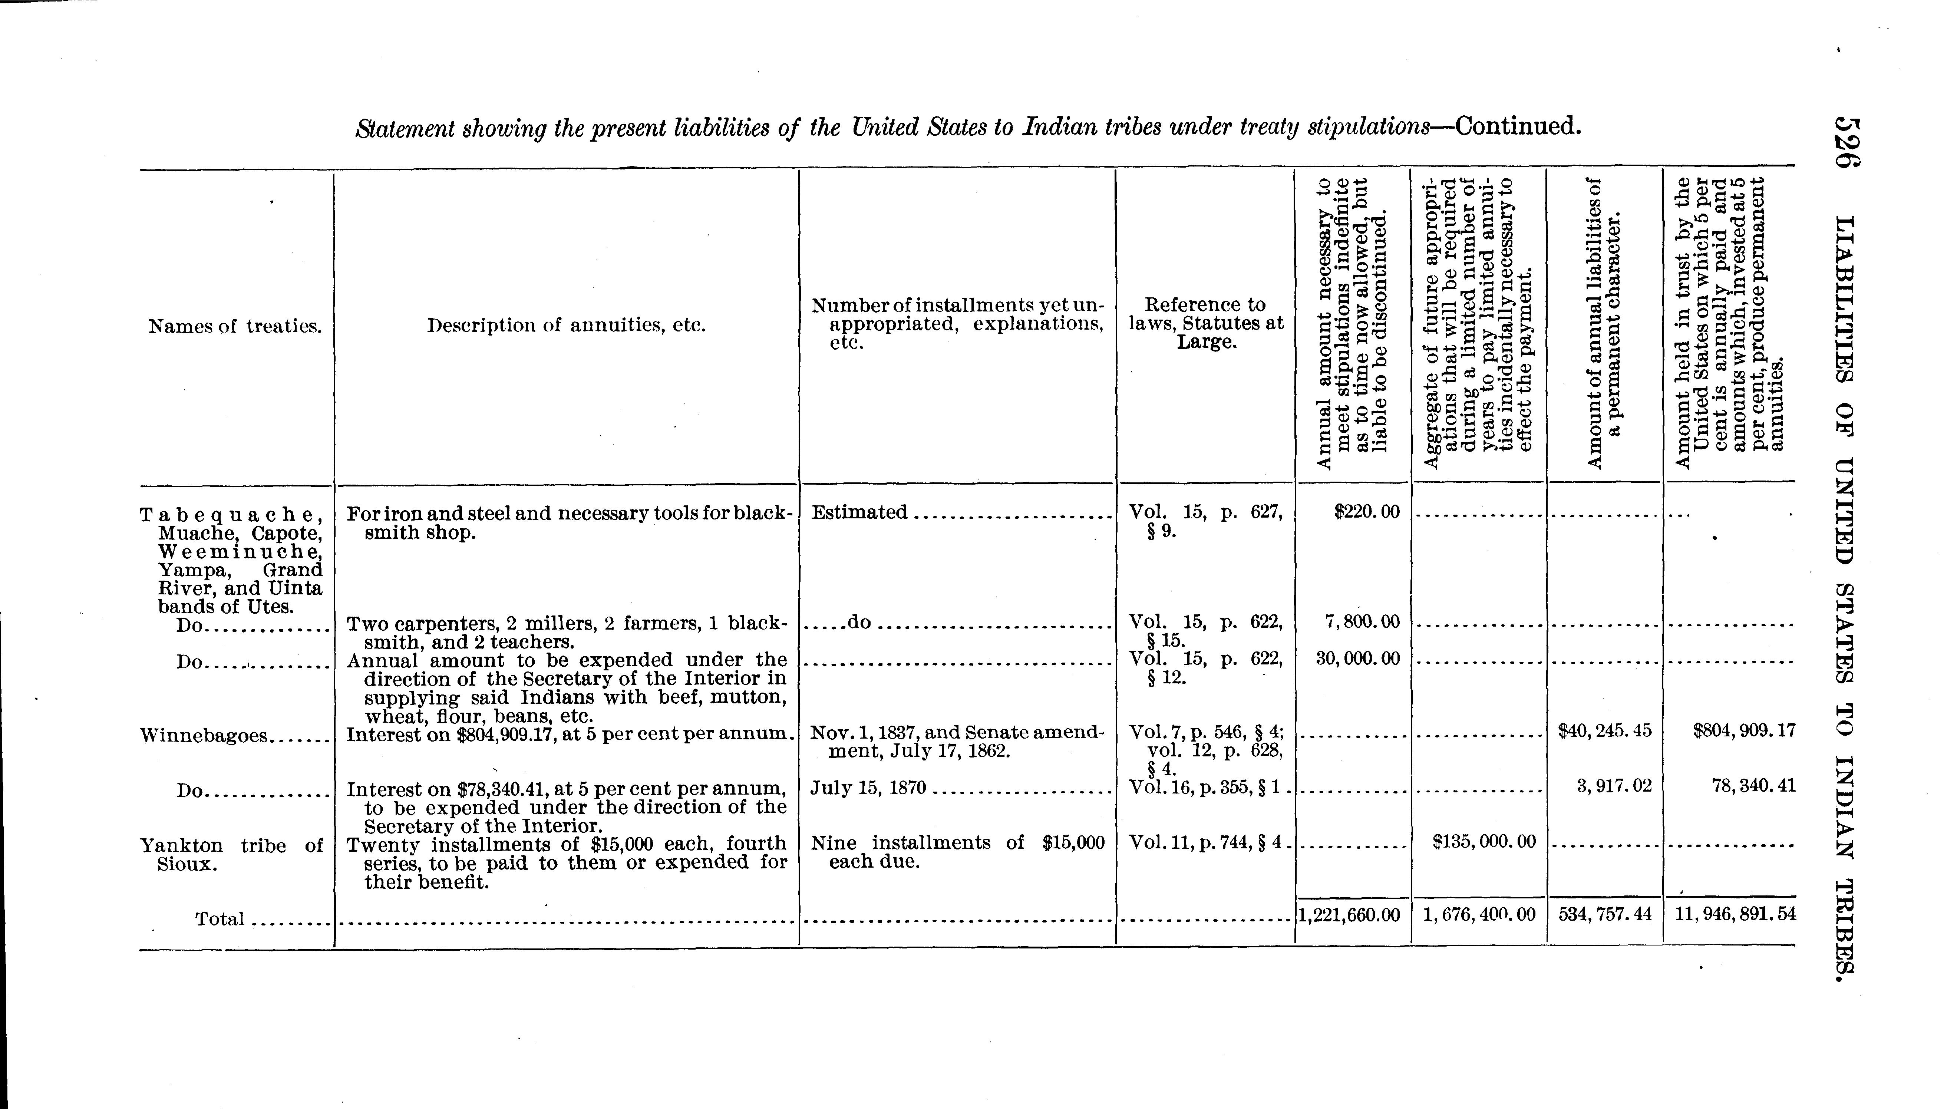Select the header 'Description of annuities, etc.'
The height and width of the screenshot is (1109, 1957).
tap(567, 326)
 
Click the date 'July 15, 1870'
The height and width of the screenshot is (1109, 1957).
tap(868, 788)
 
